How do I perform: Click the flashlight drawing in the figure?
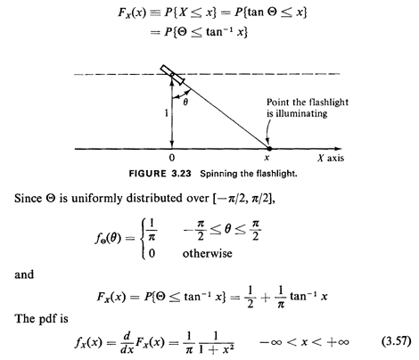point(173,75)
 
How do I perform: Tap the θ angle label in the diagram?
point(185,102)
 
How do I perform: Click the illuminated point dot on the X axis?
point(269,148)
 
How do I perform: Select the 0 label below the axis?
point(172,158)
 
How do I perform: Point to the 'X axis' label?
point(331,158)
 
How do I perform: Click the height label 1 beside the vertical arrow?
point(167,113)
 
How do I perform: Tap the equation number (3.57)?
point(397,341)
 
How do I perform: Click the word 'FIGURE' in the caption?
point(147,174)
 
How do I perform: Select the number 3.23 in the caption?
point(181,174)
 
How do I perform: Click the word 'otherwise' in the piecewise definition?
point(208,253)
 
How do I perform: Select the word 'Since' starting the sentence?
point(28,198)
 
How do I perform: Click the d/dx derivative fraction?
point(127,343)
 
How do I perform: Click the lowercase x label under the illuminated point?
point(267,158)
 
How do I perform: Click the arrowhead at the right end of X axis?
point(339,149)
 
